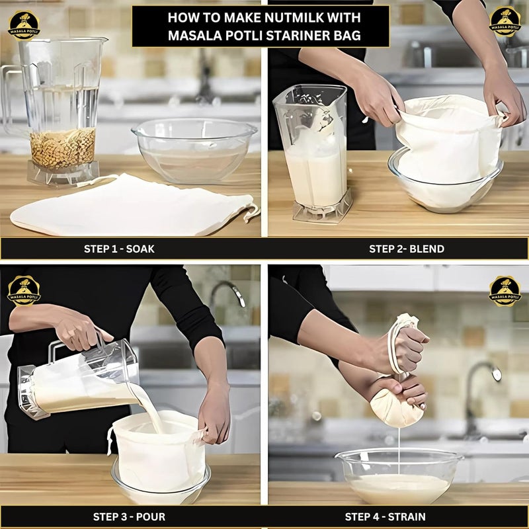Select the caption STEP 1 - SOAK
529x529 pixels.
(119, 249)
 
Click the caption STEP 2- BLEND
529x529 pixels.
(406, 249)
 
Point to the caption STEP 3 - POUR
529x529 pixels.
(119, 516)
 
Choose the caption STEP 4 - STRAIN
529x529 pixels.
(385, 516)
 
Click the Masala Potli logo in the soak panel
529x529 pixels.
(24, 25)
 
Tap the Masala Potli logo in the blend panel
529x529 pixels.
(505, 21)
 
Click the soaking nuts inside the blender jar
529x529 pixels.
(63, 148)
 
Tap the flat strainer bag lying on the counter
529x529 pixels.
(132, 205)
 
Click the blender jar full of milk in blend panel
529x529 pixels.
(311, 155)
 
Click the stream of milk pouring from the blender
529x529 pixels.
(149, 403)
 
